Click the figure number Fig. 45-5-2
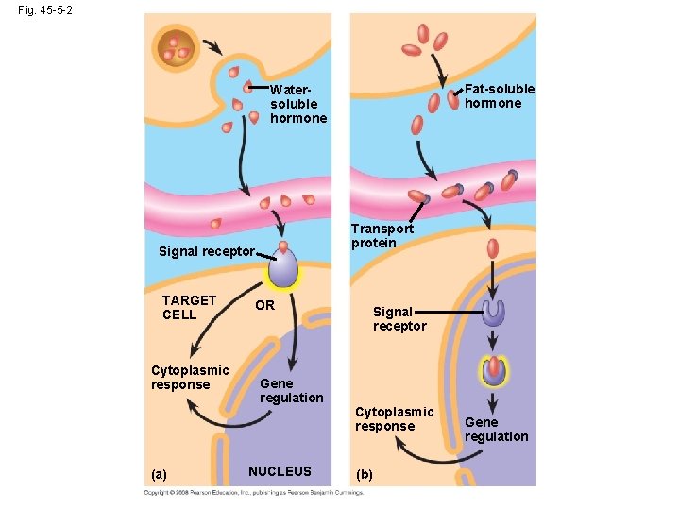click(44, 9)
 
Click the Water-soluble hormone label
click(297, 104)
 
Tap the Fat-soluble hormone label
click(499, 95)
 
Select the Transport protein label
click(382, 235)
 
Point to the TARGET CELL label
click(189, 307)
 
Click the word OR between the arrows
click(264, 305)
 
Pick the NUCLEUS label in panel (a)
click(279, 470)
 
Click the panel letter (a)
click(159, 474)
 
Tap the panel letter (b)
click(365, 474)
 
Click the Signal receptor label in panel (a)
click(206, 251)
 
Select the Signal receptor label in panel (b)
click(399, 318)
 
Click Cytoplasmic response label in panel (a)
click(190, 377)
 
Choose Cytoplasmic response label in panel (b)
click(394, 418)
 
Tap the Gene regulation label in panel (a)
click(291, 390)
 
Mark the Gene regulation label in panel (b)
click(496, 429)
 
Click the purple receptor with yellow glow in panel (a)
click(282, 268)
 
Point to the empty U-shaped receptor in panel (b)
click(493, 314)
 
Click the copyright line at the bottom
click(253, 493)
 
